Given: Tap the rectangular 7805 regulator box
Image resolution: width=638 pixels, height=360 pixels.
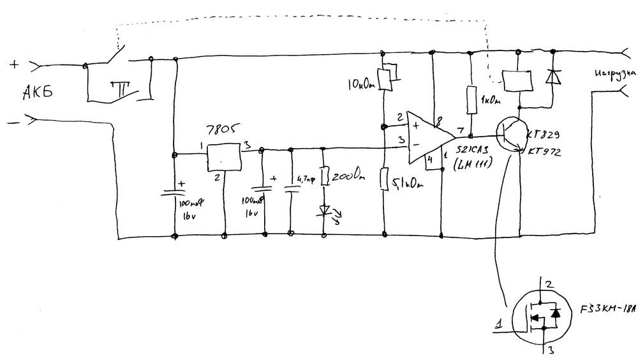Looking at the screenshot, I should [x=225, y=156].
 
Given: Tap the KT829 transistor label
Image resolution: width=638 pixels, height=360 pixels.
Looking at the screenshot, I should [x=543, y=136].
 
